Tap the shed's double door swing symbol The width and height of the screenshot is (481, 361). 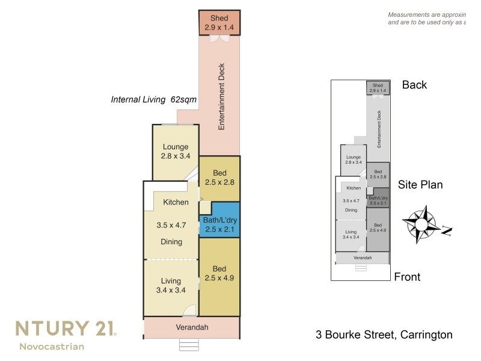click(x=219, y=39)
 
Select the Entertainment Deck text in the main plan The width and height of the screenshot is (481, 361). click(x=221, y=96)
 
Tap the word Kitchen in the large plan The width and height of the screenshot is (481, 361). click(x=176, y=202)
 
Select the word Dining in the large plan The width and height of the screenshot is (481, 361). click(x=171, y=242)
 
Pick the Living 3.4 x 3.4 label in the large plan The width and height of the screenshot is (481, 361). click(x=171, y=285)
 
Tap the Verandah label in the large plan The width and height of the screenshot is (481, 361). click(x=192, y=328)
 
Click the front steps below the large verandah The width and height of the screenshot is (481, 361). click(x=189, y=345)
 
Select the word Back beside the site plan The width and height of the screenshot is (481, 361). click(x=414, y=85)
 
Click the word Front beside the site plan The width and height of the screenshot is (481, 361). click(x=407, y=277)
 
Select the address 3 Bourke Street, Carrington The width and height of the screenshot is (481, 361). click(x=384, y=335)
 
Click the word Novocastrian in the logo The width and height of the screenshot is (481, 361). click(x=52, y=347)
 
